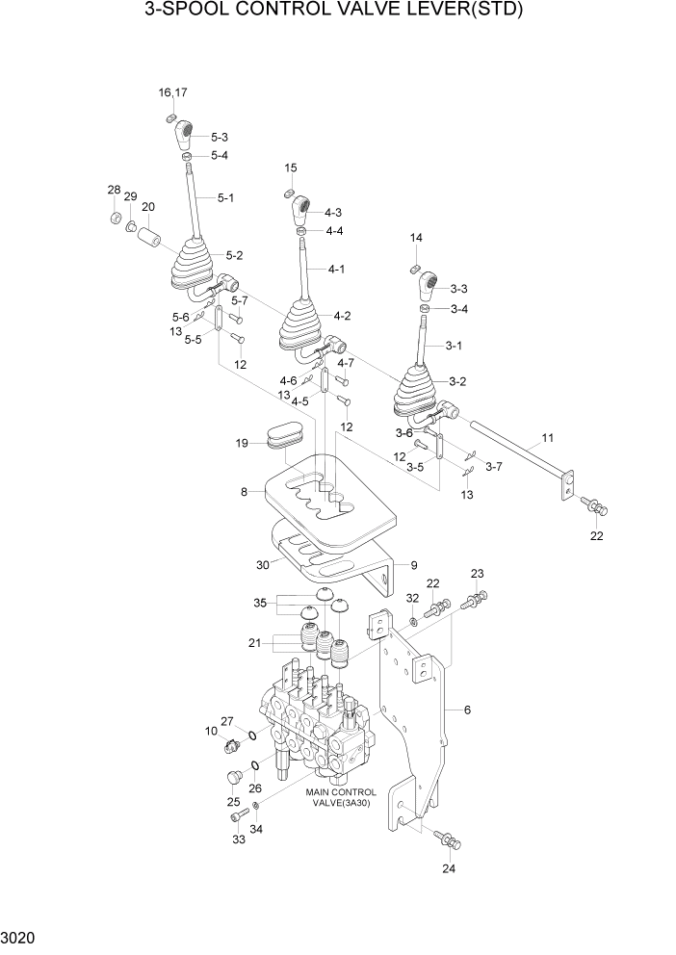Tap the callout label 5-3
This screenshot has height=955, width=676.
219,137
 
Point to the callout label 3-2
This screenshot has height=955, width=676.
456,381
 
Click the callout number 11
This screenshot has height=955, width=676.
547,438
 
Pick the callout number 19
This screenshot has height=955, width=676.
243,444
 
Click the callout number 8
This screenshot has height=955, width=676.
245,491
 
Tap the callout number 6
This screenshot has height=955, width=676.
467,710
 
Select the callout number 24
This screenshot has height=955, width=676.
449,868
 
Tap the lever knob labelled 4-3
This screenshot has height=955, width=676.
301,208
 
